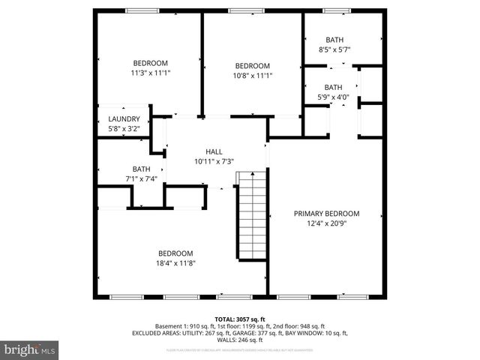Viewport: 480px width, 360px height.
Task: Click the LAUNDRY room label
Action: pyautogui.click(x=124, y=118)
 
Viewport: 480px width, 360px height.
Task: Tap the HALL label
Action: pyautogui.click(x=214, y=151)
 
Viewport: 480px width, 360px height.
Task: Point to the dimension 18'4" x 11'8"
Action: pyautogui.click(x=175, y=263)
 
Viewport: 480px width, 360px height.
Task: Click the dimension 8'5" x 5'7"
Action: pyautogui.click(x=334, y=49)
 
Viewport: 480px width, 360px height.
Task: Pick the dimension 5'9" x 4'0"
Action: pyautogui.click(x=334, y=97)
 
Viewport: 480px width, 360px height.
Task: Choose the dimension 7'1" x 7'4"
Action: pyautogui.click(x=141, y=178)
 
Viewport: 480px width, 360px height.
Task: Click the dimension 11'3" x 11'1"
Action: pyautogui.click(x=150, y=73)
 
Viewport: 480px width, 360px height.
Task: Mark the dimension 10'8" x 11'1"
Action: pyautogui.click(x=251, y=75)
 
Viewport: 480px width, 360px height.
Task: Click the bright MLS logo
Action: pyautogui.click(x=30, y=349)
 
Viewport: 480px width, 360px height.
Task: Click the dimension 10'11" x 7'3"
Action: pyautogui.click(x=214, y=161)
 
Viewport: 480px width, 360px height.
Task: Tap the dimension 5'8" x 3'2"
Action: pyautogui.click(x=124, y=128)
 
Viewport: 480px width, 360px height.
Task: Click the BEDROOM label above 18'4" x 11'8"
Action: pyautogui.click(x=175, y=253)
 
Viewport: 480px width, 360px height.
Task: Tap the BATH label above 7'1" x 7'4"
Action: pyautogui.click(x=141, y=169)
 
